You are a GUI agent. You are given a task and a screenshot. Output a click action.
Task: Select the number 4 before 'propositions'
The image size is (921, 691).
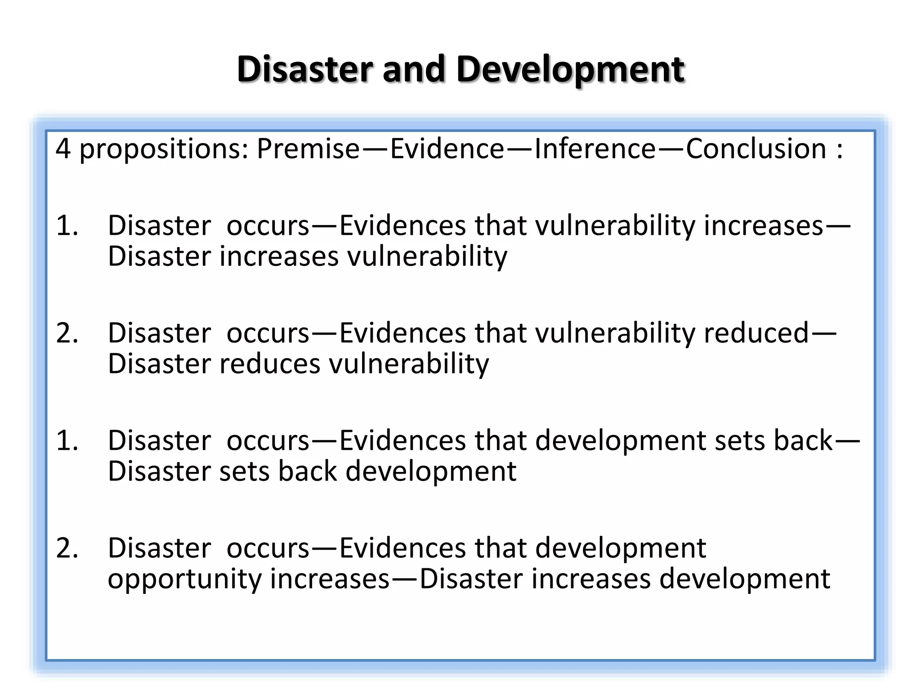(63, 149)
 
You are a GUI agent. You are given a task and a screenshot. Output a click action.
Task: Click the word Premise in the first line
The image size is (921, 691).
(308, 149)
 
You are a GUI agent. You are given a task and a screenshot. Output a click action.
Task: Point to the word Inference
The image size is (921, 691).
(595, 149)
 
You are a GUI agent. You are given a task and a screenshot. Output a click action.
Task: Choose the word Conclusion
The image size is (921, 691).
(756, 149)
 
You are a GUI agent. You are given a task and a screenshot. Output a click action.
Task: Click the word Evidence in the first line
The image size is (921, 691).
(447, 149)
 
